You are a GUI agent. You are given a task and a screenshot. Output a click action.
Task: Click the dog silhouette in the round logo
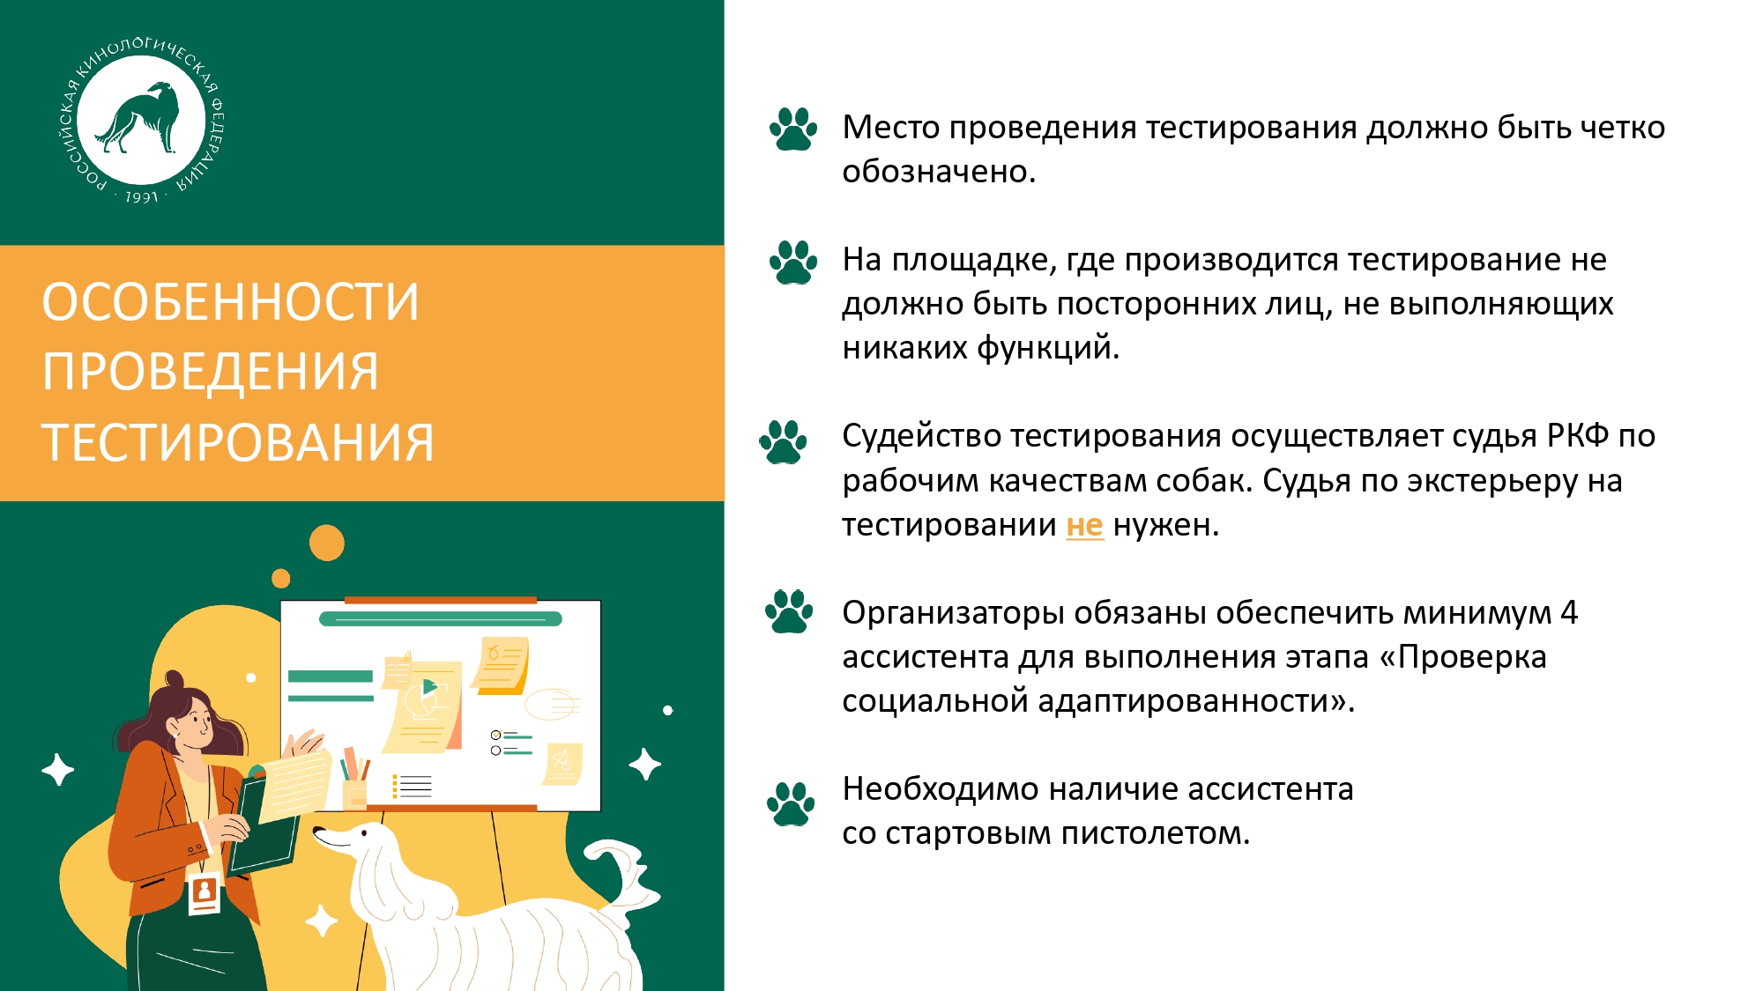(139, 118)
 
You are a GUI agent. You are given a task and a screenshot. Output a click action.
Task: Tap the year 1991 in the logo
(141, 197)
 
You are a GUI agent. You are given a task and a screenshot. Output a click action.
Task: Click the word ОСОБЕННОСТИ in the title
(231, 301)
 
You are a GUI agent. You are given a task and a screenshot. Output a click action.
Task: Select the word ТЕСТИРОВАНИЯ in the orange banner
(238, 442)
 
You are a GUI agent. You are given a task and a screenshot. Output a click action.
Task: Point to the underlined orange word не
(1084, 525)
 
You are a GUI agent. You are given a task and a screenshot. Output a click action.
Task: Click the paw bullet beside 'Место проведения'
(793, 129)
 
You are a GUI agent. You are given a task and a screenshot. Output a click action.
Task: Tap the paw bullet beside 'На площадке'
(793, 262)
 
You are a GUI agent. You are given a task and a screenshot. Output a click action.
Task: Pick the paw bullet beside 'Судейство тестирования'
(784, 441)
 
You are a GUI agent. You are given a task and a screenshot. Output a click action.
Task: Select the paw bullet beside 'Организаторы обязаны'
(789, 611)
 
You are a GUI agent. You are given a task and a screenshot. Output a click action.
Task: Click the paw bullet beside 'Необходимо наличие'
(791, 803)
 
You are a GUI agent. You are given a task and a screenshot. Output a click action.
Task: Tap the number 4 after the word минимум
(1569, 612)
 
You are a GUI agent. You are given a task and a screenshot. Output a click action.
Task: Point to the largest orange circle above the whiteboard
(327, 543)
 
